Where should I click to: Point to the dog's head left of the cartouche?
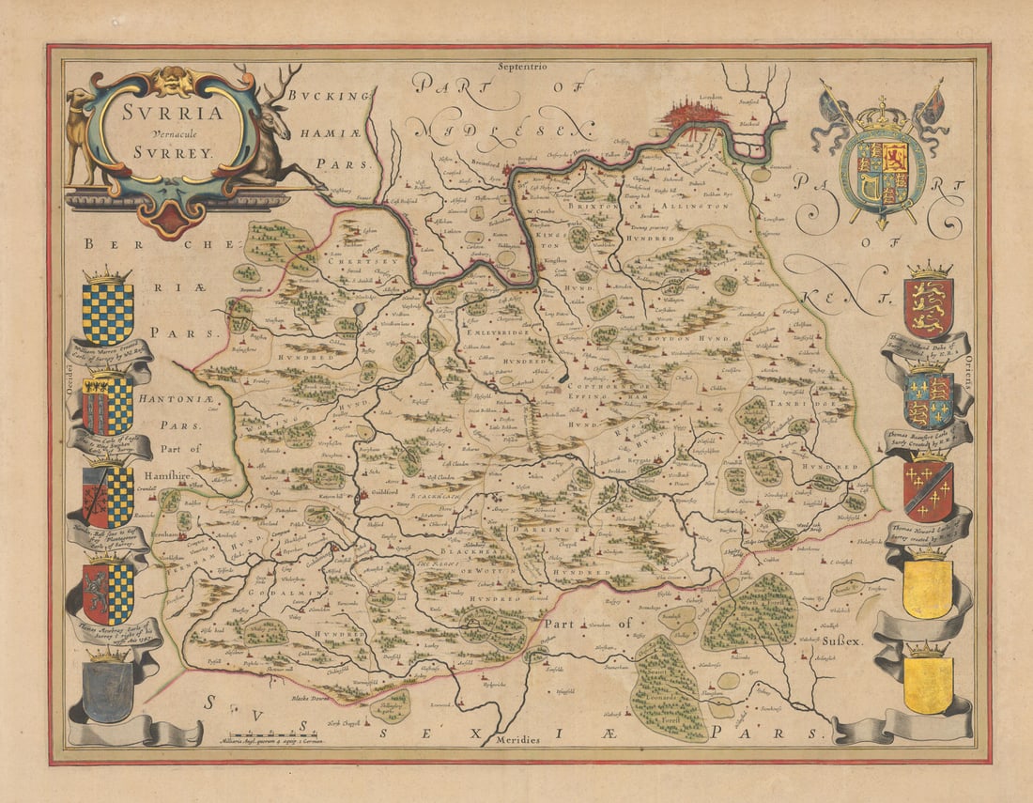tap(81, 99)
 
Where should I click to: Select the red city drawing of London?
tap(695, 116)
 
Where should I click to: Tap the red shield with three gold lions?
tap(929, 306)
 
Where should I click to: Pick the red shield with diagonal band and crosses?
tap(929, 489)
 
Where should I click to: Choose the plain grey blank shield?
tap(107, 690)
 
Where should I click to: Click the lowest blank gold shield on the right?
tap(929, 682)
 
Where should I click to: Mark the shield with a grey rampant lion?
tap(107, 592)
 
